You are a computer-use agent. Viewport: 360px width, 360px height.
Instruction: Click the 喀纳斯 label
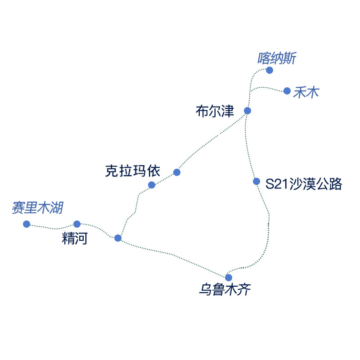[x=277, y=58]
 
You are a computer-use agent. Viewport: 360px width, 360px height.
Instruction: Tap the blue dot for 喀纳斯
[x=270, y=70]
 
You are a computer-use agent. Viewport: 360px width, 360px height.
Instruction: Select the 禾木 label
[x=306, y=93]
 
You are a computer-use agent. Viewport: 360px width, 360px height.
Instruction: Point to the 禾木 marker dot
[x=287, y=91]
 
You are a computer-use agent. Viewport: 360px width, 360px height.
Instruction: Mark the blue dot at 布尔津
[x=247, y=111]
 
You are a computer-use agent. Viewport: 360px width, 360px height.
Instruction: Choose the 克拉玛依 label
[x=132, y=171]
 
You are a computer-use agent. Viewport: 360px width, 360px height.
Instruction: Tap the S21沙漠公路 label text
[x=304, y=184]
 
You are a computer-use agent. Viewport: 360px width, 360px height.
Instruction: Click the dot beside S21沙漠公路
[x=256, y=181]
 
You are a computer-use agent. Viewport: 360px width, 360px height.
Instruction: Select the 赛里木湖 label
[x=37, y=208]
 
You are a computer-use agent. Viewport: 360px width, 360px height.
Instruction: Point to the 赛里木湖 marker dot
[x=27, y=224]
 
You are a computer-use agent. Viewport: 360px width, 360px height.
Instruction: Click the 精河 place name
[x=75, y=238]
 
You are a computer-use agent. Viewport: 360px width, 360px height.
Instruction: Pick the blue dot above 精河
[x=77, y=224]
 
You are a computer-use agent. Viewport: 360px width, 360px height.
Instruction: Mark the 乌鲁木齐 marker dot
[x=229, y=277]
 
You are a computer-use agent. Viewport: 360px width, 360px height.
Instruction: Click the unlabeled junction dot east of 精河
[x=118, y=238]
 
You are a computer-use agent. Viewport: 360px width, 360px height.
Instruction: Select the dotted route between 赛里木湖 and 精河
[x=52, y=228]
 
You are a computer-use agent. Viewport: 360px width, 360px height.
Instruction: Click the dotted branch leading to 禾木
[x=268, y=87]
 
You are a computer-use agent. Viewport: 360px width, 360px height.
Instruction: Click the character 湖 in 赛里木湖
[x=57, y=208]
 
